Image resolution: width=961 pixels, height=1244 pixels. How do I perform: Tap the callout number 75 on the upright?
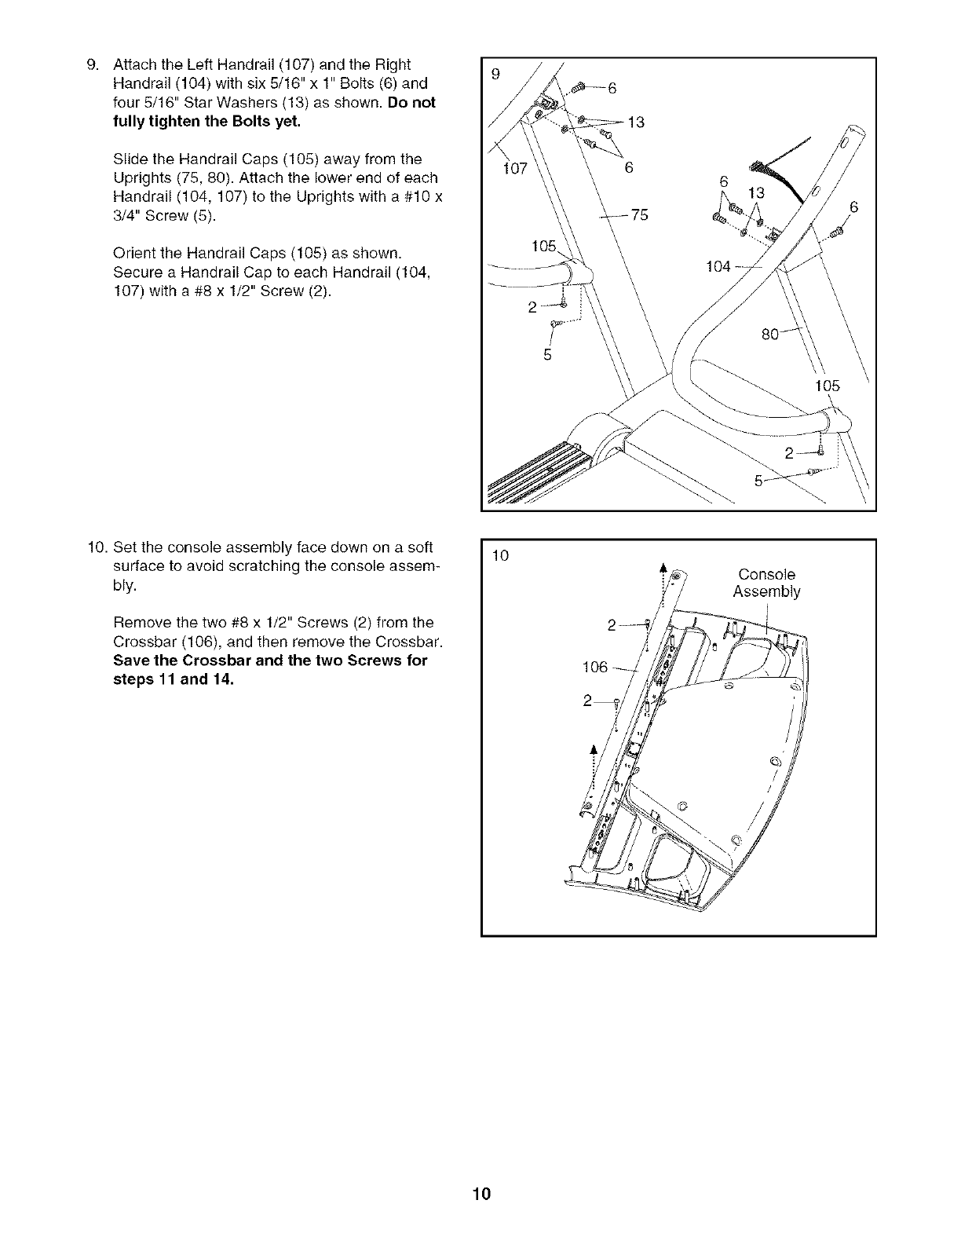640,214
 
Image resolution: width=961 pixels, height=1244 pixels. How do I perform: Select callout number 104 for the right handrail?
718,267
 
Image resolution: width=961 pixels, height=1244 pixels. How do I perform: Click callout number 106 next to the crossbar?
594,668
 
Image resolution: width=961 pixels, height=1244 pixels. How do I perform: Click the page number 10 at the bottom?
481,1195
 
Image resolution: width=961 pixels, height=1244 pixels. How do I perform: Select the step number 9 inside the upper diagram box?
495,75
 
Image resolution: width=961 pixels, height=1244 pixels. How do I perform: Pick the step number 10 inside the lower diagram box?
499,557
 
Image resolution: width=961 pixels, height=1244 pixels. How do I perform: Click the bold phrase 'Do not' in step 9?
412,103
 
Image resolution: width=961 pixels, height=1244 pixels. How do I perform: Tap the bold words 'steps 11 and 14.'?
174,680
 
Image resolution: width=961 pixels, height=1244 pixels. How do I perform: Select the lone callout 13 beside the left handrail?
637,122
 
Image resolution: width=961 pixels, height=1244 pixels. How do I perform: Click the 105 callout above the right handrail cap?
827,386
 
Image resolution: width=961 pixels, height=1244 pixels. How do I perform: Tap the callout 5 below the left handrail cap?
547,355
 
